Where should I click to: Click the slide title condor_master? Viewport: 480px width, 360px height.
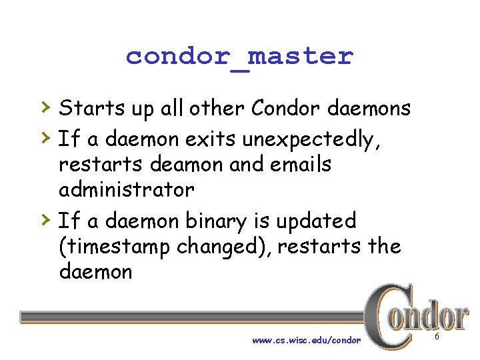(239, 57)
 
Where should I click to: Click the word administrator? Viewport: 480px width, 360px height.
(126, 190)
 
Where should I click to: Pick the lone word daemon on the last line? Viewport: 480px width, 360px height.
(95, 271)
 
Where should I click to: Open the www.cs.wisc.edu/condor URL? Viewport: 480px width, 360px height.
(306, 340)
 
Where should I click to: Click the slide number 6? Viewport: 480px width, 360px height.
(437, 339)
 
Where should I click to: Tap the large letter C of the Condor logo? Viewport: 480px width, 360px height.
(387, 317)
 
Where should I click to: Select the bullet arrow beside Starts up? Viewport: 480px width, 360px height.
(44, 107)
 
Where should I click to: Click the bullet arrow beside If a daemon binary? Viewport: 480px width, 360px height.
(44, 220)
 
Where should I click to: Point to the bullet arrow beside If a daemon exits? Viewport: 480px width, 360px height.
(44, 138)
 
